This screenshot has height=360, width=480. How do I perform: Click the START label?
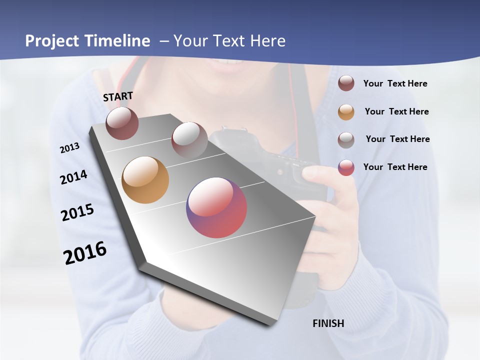coord(118,96)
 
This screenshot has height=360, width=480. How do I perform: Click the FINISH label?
coord(328,323)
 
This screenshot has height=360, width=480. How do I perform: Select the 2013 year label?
coord(69,148)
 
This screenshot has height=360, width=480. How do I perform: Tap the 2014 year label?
coord(73,177)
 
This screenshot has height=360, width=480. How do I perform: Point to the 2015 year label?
coord(77,212)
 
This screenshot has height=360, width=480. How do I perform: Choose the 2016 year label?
coord(85,252)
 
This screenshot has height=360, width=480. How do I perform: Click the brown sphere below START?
coord(122,123)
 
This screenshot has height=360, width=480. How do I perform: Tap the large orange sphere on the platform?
coord(145,180)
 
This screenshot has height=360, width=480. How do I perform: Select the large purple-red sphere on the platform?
coord(216,207)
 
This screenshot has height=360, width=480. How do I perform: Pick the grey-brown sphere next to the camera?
coord(189,139)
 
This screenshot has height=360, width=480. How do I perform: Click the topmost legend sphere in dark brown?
coord(346,83)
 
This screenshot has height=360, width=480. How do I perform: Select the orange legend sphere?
coord(346,112)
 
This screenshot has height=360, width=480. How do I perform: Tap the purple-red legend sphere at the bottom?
coord(346,167)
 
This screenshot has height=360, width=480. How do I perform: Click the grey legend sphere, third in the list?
coord(346,139)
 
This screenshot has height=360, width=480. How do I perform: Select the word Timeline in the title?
coord(118,41)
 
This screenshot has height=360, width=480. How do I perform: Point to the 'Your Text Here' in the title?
coord(229,41)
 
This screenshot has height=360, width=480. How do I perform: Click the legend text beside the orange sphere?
coord(396,111)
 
